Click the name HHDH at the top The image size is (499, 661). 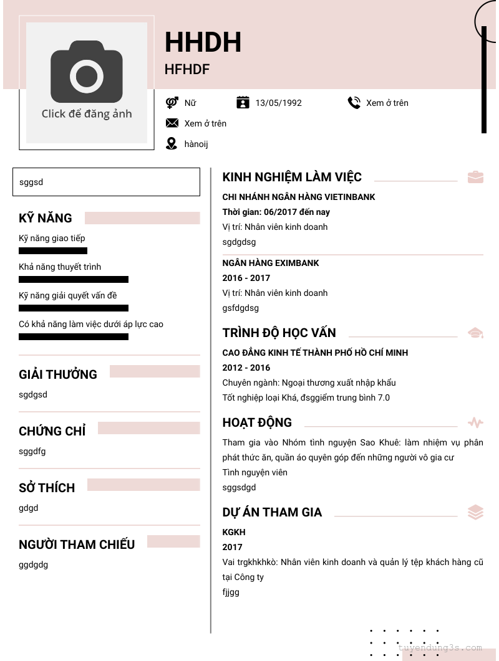coord(203,42)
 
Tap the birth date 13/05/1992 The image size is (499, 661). coord(278,103)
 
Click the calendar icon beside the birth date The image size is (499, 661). coord(243,102)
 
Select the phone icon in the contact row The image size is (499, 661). coord(354,103)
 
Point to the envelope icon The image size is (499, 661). coord(172,123)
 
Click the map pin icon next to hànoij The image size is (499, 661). coord(172,144)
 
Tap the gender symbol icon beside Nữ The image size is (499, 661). coord(172,103)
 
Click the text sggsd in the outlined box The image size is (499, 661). coord(31,183)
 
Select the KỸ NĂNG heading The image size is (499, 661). coord(46,218)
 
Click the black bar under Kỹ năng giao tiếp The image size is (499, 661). coord(53,251)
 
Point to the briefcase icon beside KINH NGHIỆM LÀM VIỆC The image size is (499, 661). coord(475,177)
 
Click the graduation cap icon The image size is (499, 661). coord(475,333)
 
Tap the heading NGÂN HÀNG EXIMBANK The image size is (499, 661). coord(271,263)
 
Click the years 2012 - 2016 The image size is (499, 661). coord(246,368)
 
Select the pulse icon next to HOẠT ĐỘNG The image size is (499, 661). coord(475,423)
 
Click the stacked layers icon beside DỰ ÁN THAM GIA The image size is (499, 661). coord(475,512)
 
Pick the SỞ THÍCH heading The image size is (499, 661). coord(47,488)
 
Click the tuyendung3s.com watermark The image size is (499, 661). coord(440,648)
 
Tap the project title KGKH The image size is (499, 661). coord(234,532)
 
